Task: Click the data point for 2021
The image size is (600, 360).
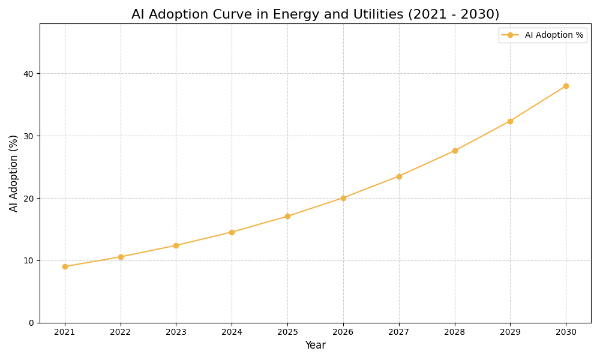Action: (65, 266)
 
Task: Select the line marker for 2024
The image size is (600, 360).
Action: (232, 232)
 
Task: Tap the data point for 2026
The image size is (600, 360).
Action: (343, 198)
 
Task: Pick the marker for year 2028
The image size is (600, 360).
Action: (455, 151)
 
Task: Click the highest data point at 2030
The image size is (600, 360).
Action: (566, 86)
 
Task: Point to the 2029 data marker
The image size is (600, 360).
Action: (510, 121)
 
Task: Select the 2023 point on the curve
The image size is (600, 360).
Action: (176, 245)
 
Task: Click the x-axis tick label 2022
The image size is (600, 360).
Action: (121, 332)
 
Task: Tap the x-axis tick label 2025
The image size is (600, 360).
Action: (287, 332)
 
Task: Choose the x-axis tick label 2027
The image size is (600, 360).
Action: (399, 332)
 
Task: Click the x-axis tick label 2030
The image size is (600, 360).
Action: (566, 332)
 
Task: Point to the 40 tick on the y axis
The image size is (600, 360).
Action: (29, 74)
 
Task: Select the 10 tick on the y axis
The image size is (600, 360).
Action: (29, 260)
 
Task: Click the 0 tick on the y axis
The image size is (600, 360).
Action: (31, 323)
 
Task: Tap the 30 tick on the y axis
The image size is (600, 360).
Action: (29, 136)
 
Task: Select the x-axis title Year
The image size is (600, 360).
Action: (315, 346)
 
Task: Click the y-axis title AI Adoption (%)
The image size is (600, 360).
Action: (14, 173)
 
